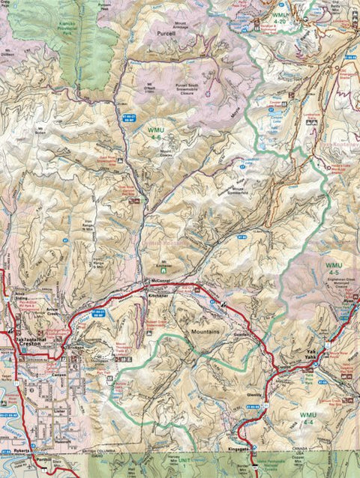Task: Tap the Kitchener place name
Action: tap(159, 297)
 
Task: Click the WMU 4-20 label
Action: tap(280, 18)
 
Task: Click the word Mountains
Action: tap(204, 330)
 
